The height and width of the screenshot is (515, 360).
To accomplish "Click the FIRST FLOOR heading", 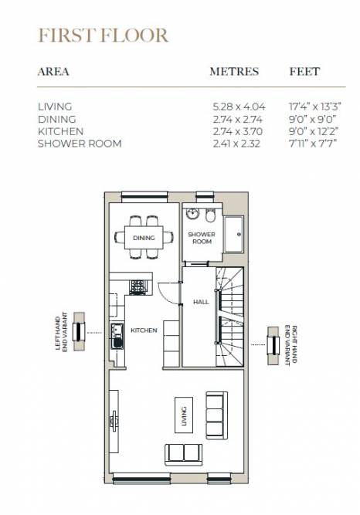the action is (x=104, y=36).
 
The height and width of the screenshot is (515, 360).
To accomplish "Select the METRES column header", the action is (x=234, y=72).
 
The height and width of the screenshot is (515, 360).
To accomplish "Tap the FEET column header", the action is (x=304, y=72).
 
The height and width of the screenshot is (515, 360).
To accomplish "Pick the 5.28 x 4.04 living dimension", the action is (x=239, y=107).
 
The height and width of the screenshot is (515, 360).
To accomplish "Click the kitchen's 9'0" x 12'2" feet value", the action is (x=314, y=131).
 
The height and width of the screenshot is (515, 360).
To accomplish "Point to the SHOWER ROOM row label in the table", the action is (x=80, y=144).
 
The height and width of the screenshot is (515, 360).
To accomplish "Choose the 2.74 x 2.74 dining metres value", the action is (x=237, y=119).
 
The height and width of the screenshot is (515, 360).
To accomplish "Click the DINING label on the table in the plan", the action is (x=144, y=238).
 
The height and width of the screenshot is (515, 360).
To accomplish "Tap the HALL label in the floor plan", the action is (x=201, y=302).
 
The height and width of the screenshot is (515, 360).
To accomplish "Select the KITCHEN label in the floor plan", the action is (x=144, y=330).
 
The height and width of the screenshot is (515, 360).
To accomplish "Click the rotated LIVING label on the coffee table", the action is (x=184, y=416).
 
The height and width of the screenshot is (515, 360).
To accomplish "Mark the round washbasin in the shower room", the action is (x=192, y=213).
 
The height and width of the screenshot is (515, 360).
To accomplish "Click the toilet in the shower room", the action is (x=209, y=215).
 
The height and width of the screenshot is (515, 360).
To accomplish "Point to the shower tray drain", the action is (x=239, y=235).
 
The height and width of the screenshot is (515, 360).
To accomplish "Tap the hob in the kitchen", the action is (x=138, y=287).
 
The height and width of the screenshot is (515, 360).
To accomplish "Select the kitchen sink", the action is (x=117, y=337).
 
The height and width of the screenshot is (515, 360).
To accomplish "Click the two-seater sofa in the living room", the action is (x=183, y=455).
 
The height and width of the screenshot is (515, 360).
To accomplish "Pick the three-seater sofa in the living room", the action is (x=216, y=415).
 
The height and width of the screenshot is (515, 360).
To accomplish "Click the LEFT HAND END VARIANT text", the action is (x=62, y=332).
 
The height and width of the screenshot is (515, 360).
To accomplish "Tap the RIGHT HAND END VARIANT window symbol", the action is (x=273, y=346).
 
